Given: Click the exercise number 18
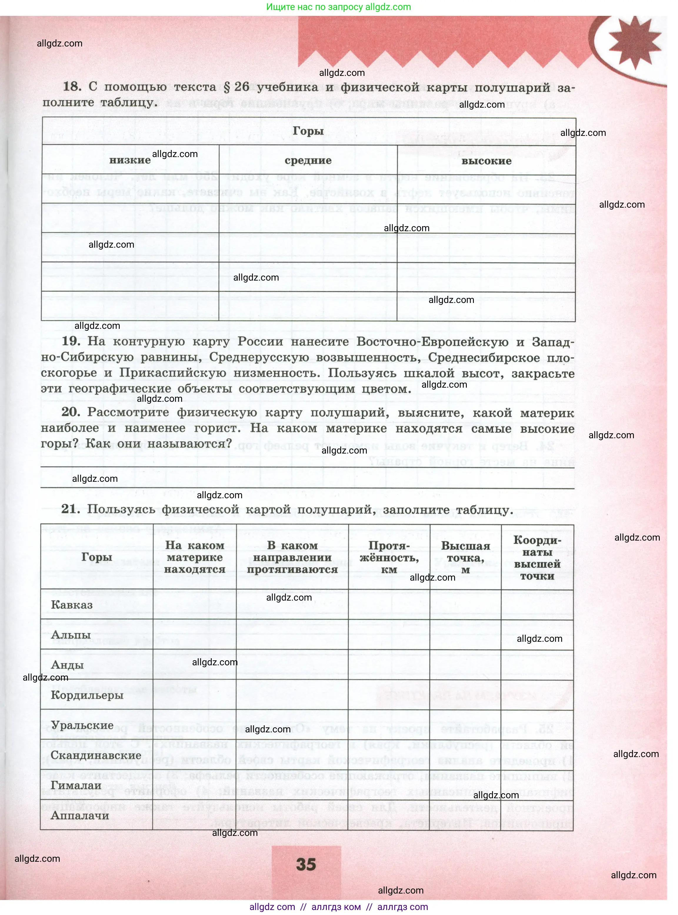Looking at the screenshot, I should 72,86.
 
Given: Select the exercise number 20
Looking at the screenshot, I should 71,412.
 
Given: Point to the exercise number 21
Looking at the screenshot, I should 71,509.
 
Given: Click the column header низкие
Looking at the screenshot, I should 130,160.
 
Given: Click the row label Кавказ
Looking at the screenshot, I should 72,605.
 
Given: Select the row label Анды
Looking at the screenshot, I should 67,665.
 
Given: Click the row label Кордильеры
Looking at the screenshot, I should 87,695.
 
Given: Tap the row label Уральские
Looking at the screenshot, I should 82,725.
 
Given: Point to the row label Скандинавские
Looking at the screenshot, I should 96,755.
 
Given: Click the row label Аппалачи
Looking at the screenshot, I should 80,815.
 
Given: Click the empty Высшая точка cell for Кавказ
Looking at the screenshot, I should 465,605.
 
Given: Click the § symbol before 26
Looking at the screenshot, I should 227,87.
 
